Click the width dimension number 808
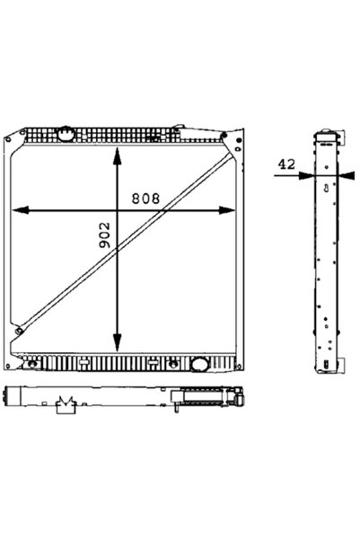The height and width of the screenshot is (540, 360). (146, 198)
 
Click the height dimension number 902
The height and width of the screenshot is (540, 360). (105, 237)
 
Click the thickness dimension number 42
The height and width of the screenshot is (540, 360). (286, 164)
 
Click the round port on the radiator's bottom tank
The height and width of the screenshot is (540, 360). (198, 366)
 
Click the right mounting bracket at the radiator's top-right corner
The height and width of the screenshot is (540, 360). (235, 140)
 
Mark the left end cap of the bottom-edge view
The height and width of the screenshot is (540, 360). (9, 395)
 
